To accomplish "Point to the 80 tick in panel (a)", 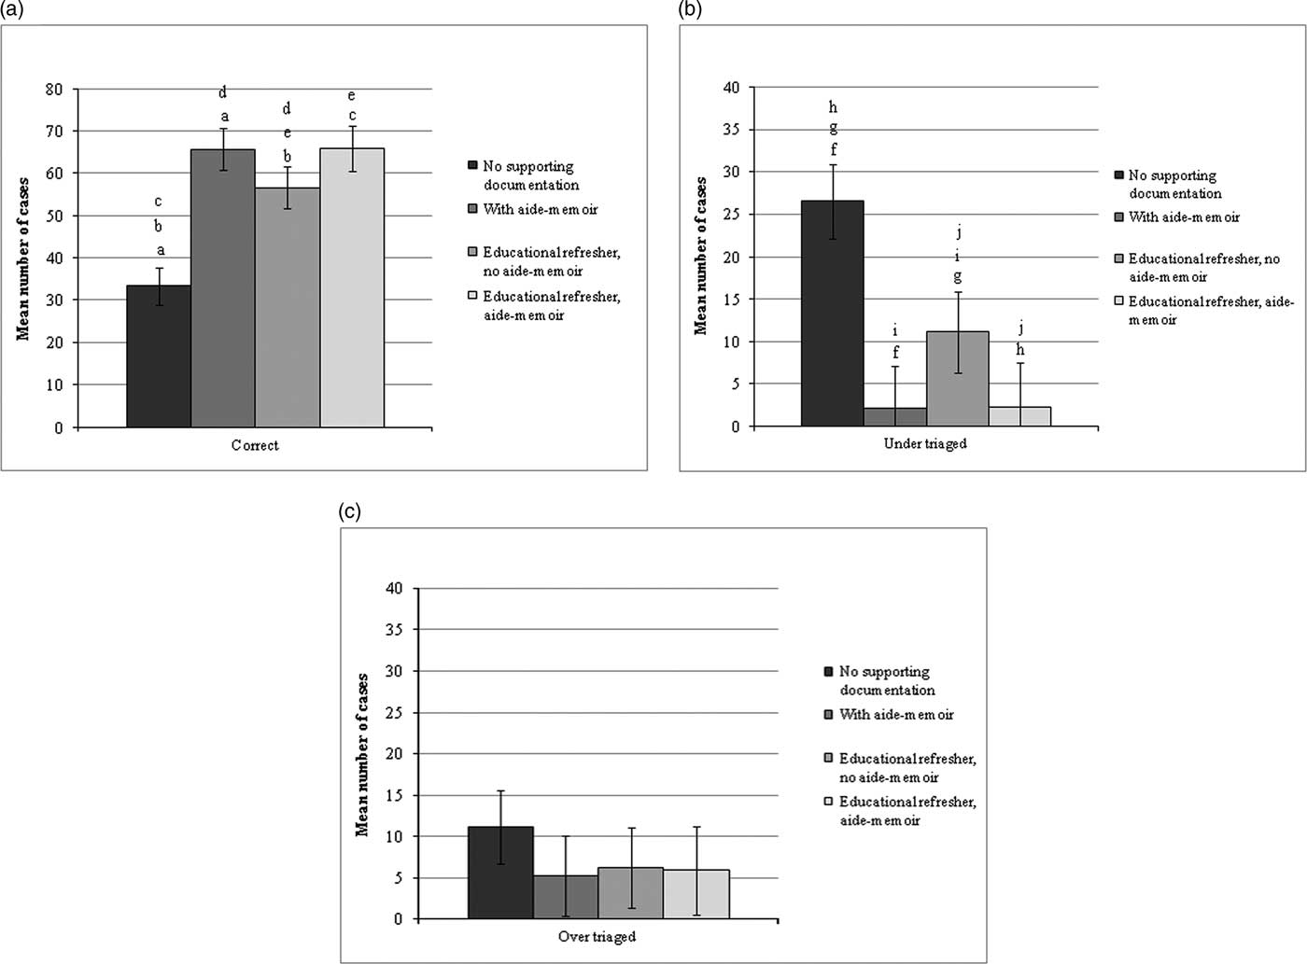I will coord(54,90).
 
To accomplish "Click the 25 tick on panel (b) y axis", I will coord(730,215).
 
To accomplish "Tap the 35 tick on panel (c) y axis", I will coord(394,630).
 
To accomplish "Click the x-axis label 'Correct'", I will coord(255,446).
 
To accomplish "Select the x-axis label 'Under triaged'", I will coord(925,444).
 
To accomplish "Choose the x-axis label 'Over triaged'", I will coord(597,937).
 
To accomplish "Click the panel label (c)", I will coord(349,511).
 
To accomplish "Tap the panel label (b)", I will coord(690,10).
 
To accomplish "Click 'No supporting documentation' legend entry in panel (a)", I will coord(529,175).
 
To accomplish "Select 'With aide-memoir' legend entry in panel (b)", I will coord(1184,217).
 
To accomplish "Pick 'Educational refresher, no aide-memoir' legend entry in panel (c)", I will coord(906,768).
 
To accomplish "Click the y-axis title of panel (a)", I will coord(23,258).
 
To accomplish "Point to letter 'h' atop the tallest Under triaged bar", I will coord(833,108).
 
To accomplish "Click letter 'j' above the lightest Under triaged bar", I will coord(1020,328).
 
